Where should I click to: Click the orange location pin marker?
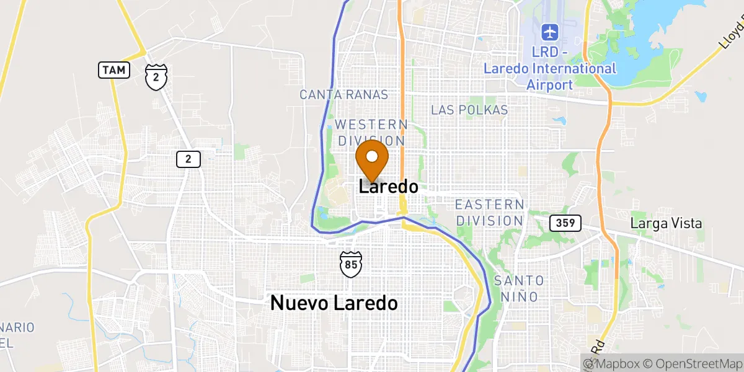372,159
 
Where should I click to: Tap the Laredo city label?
389,187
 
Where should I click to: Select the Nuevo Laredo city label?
334,303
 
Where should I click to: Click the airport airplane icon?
549,31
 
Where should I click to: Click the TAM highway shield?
113,70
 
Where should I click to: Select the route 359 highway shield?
565,223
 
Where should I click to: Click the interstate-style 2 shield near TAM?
156,76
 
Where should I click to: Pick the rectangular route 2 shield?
188,159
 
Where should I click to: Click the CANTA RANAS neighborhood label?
343,95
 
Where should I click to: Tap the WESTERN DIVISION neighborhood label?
371,133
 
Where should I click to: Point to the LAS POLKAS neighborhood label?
469,110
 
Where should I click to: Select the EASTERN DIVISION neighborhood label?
489,213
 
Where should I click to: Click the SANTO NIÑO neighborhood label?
519,288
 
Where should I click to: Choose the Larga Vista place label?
666,223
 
